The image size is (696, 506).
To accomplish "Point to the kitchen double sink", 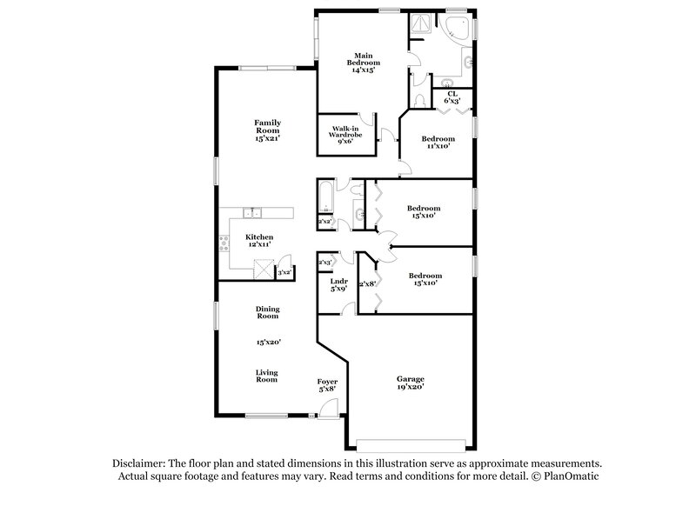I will point(251,211).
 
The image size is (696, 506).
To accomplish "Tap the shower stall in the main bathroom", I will point(421,25).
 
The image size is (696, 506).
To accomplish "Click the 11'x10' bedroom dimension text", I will point(438,146).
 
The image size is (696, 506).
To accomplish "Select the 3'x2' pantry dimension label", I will point(284,272).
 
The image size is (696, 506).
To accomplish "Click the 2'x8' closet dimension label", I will point(366,284).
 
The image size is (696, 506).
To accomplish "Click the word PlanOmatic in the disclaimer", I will point(571,477).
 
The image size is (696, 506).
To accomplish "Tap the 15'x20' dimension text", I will point(267,343).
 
